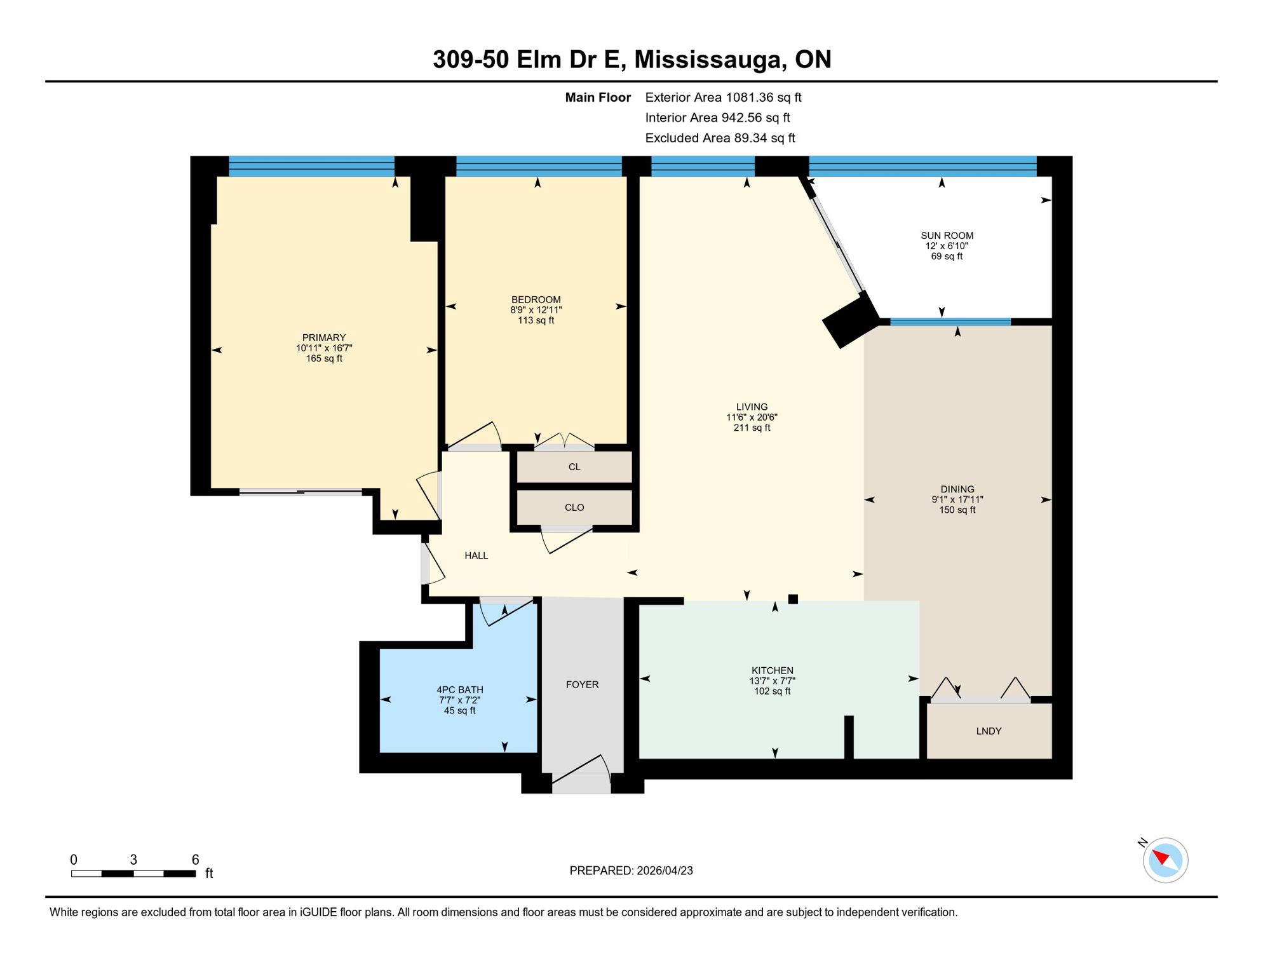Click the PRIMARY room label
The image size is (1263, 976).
pyautogui.click(x=323, y=337)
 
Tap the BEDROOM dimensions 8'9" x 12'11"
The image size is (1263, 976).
pyautogui.click(x=536, y=310)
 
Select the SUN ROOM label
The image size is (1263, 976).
pyautogui.click(x=947, y=236)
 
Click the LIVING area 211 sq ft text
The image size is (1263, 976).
pyautogui.click(x=752, y=428)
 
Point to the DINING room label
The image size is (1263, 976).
pyautogui.click(x=957, y=489)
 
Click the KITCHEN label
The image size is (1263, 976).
pyautogui.click(x=772, y=670)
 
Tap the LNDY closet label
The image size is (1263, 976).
pyautogui.click(x=989, y=731)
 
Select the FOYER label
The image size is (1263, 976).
pyautogui.click(x=582, y=684)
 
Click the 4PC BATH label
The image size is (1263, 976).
pyautogui.click(x=459, y=689)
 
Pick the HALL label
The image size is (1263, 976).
pyautogui.click(x=476, y=555)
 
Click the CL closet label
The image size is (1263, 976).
pyautogui.click(x=574, y=467)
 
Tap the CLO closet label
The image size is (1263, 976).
pyautogui.click(x=574, y=508)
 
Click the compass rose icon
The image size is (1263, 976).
pyautogui.click(x=1165, y=860)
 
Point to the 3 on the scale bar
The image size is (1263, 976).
pyautogui.click(x=133, y=860)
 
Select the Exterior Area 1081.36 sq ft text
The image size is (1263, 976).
pyautogui.click(x=722, y=97)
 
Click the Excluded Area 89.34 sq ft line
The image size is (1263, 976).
pyautogui.click(x=719, y=138)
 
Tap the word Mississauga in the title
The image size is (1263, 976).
pyautogui.click(x=707, y=59)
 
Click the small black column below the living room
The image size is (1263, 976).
pyautogui.click(x=793, y=599)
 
